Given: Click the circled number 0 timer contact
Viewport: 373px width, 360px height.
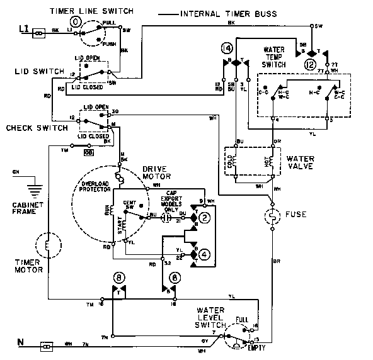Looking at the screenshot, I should click(76, 21).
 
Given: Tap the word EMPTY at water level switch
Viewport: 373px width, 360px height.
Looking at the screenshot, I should click(256, 347).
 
